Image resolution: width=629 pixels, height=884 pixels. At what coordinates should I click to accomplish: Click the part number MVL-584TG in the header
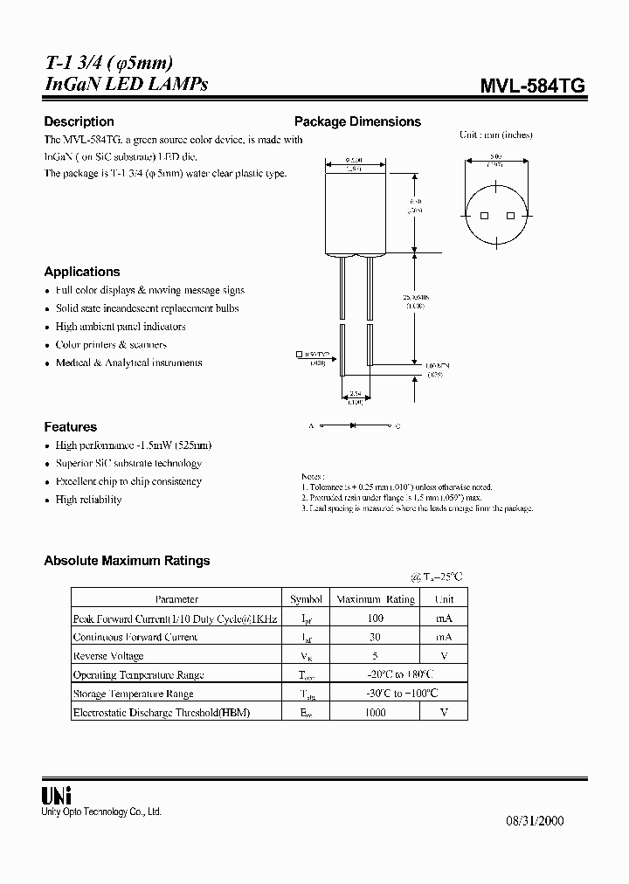pyautogui.click(x=532, y=85)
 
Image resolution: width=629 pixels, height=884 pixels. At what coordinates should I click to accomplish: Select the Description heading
pyautogui.click(x=79, y=121)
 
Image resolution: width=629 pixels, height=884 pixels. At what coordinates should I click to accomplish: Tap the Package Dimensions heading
pyautogui.click(x=357, y=121)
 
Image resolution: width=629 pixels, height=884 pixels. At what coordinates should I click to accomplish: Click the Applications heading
pyautogui.click(x=82, y=272)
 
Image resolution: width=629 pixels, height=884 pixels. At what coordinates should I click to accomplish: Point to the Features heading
pyautogui.click(x=70, y=427)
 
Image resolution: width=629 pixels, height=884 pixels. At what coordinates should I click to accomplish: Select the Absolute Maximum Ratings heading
pyautogui.click(x=127, y=561)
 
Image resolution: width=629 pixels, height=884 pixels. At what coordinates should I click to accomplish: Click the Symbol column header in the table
pyautogui.click(x=306, y=599)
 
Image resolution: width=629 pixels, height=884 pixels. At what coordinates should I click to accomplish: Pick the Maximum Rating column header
pyautogui.click(x=376, y=599)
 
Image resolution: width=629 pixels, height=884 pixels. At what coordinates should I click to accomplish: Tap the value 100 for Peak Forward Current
pyautogui.click(x=376, y=618)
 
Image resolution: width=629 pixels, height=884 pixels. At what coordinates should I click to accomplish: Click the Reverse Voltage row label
pyautogui.click(x=108, y=656)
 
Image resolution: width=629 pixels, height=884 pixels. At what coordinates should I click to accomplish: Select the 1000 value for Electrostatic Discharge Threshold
pyautogui.click(x=376, y=713)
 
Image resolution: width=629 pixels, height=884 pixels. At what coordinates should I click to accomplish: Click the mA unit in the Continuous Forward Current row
pyautogui.click(x=444, y=637)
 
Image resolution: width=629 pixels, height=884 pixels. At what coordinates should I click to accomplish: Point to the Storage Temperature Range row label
pyautogui.click(x=133, y=694)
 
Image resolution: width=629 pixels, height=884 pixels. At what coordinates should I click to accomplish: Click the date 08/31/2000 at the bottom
pyautogui.click(x=536, y=820)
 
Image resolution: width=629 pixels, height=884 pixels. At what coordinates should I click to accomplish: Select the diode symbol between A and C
pyautogui.click(x=352, y=426)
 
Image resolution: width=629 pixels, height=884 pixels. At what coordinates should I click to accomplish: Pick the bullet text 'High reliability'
pyautogui.click(x=88, y=500)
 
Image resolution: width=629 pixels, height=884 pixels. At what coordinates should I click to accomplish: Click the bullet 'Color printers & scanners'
pyautogui.click(x=111, y=344)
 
